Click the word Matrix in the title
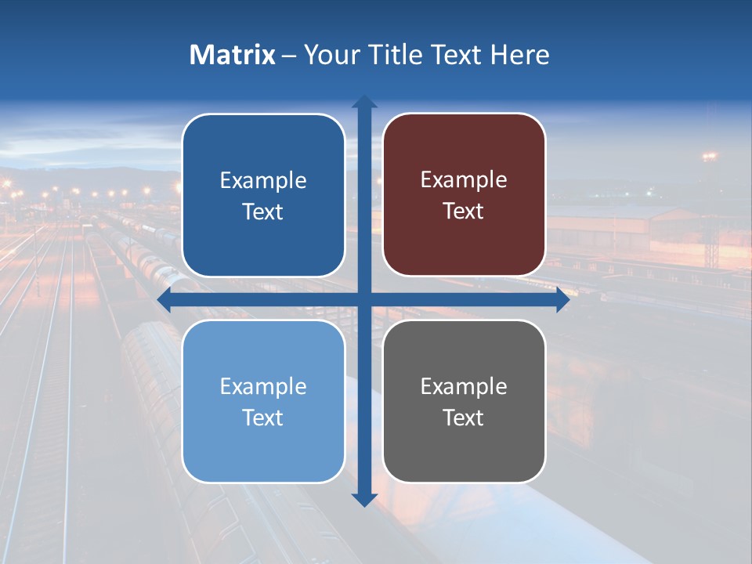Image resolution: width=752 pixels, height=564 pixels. coord(233,55)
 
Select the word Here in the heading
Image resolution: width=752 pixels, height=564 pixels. coord(520,55)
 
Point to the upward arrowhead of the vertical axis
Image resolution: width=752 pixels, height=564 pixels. coord(364,103)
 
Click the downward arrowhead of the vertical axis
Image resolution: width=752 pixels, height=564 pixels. coord(364,499)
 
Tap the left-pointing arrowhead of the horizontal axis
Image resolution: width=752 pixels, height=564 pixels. coord(164,299)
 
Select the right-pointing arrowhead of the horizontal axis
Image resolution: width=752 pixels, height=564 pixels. coord(562,299)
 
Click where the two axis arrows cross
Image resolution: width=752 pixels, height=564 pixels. coord(364,299)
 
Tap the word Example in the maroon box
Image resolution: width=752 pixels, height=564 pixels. coord(464,180)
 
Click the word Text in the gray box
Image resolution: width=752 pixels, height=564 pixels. coord(464,418)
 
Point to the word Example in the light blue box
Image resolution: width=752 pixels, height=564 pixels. coord(263,386)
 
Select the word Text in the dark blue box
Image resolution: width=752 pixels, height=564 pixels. coord(263,211)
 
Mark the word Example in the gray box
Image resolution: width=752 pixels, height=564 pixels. coord(464,386)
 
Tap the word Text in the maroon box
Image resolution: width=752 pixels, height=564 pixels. coord(464,211)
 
